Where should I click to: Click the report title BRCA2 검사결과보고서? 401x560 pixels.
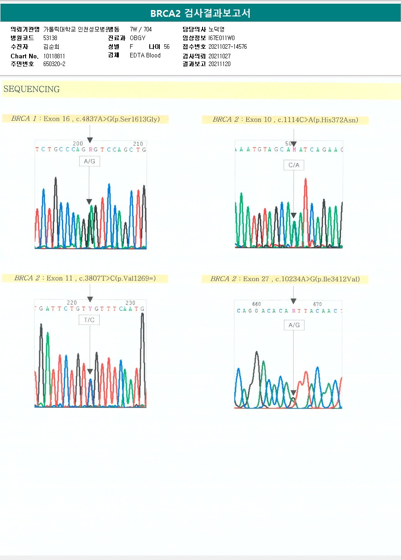coord(200,13)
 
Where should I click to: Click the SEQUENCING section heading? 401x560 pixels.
coord(31,89)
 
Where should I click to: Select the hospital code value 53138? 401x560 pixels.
coord(50,38)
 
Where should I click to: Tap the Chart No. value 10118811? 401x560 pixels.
coord(54,56)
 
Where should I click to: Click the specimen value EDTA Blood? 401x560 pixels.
coord(145,56)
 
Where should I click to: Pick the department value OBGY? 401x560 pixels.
coord(137,38)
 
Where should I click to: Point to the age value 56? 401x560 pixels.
coord(167,47)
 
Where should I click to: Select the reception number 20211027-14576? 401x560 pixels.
coord(228,47)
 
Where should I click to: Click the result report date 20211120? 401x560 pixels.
coord(219,64)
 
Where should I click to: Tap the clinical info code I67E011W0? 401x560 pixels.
coord(222,38)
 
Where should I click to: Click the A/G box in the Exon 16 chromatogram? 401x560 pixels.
coord(90,161)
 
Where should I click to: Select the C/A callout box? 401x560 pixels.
coord(294,165)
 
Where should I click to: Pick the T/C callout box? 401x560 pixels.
coord(89,320)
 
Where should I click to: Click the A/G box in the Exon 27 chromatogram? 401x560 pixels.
coord(294,325)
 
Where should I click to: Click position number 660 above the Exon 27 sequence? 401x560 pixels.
coord(257,304)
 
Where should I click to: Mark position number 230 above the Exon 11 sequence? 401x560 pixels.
coord(130,303)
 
